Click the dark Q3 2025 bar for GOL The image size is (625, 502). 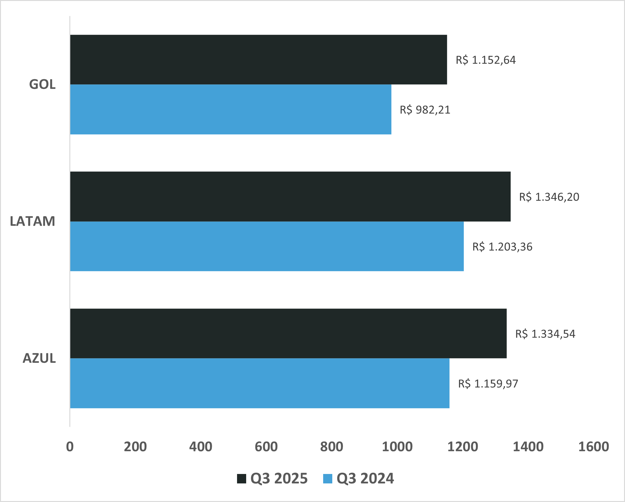[259, 59]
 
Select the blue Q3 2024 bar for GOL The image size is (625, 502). [231, 109]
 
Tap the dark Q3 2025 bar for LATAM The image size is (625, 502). [290, 196]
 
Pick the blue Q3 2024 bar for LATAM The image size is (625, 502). [267, 246]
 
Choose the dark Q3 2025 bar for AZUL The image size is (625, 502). [288, 333]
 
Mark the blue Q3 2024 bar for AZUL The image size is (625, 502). [260, 383]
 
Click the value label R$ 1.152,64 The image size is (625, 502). [486, 60]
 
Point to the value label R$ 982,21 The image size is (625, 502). [425, 110]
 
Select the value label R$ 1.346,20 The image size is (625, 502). [549, 197]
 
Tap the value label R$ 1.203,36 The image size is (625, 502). [502, 246]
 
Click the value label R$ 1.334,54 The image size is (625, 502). [545, 334]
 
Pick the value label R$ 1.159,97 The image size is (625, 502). [488, 384]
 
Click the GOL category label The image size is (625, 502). [42, 84]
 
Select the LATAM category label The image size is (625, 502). [33, 221]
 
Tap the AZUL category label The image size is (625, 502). [39, 358]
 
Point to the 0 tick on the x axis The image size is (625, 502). [70, 447]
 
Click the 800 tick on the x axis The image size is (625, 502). [331, 447]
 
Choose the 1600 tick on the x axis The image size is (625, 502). [593, 447]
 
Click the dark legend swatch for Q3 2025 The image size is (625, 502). [242, 479]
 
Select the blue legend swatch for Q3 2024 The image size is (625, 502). [328, 479]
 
